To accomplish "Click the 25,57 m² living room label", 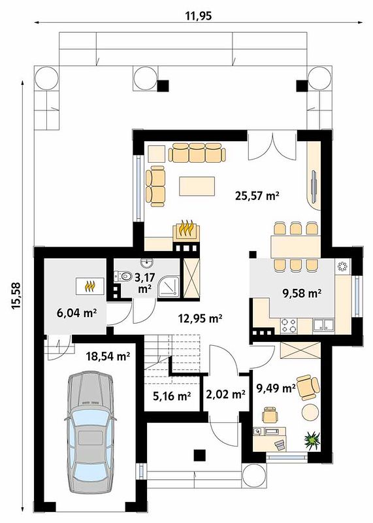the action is [257, 195].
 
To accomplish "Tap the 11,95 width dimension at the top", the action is [198, 15].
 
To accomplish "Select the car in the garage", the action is [89, 433].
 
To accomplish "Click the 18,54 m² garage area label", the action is [108, 356].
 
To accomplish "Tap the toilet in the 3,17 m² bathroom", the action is [123, 276].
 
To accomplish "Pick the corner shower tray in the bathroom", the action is [169, 286].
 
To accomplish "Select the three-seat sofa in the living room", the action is [197, 153].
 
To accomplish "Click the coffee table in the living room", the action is [197, 186].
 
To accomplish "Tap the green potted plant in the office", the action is [312, 439].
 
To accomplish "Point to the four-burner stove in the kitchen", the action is [289, 326].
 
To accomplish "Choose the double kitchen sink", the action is [323, 326].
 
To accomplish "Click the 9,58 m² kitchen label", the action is [302, 294].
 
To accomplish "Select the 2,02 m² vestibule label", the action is [225, 395].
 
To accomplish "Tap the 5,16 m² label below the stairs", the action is [172, 396].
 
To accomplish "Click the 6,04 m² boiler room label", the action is [76, 313].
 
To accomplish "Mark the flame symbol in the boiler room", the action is [90, 286].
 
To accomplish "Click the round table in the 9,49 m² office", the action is [311, 412].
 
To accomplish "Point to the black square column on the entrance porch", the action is [199, 455].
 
